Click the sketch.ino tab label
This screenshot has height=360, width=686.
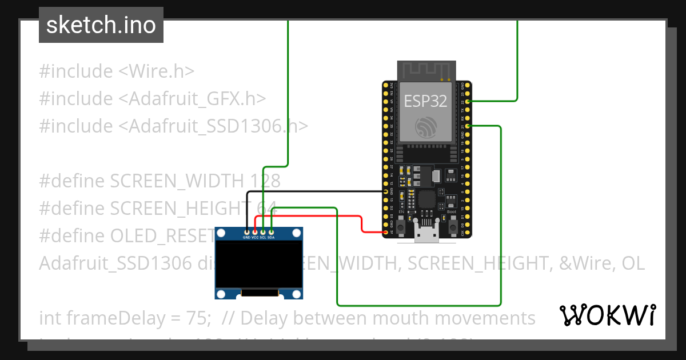click(101, 25)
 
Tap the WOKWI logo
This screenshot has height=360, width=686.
click(607, 315)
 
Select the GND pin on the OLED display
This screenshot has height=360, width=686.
click(246, 232)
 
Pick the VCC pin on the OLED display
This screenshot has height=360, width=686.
click(255, 232)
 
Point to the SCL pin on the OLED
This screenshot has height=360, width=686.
click(263, 232)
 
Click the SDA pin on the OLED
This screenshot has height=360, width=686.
click(271, 232)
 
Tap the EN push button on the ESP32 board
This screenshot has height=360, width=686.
click(401, 227)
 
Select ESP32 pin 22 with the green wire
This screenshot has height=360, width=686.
click(468, 101)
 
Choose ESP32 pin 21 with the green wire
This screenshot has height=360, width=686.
click(468, 126)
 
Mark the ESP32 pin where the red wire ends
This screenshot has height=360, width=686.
click(385, 232)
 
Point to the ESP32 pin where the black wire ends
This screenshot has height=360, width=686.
click(385, 191)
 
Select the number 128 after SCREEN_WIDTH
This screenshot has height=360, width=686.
click(265, 181)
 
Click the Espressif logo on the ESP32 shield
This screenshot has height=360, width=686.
click(426, 127)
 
